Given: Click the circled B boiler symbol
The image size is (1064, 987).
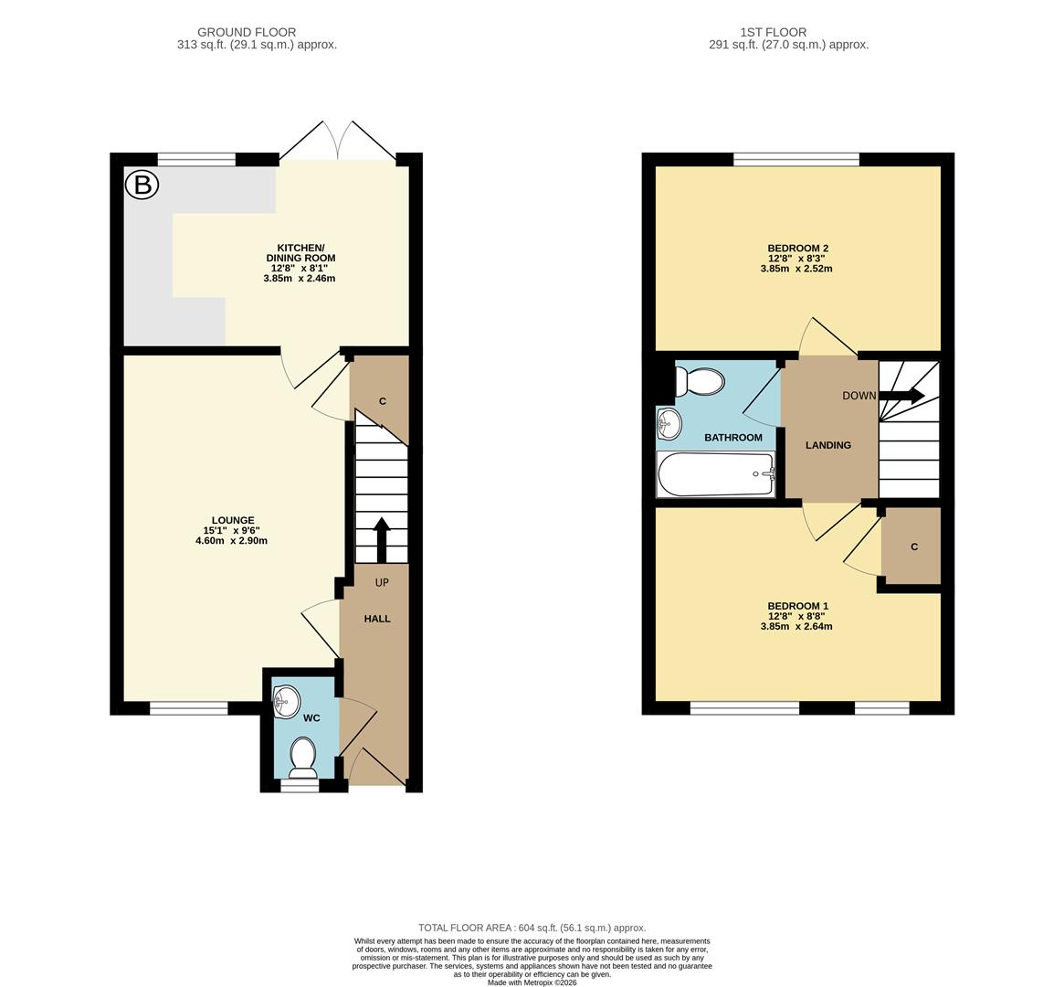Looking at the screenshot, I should click(x=142, y=186).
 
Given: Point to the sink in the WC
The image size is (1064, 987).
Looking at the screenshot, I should click(x=286, y=701).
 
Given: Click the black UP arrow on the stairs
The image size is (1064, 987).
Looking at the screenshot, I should click(x=381, y=539).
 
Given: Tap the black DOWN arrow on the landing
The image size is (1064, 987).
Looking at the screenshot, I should click(x=901, y=396).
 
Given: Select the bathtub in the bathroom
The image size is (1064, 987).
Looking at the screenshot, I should click(x=716, y=474).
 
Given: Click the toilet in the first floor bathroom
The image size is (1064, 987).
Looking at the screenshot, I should click(x=699, y=382).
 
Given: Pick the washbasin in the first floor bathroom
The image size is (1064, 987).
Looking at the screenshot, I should click(x=669, y=423).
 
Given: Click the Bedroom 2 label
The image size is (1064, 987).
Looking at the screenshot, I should click(x=797, y=258).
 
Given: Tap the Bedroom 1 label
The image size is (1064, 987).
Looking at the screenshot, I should click(x=797, y=616).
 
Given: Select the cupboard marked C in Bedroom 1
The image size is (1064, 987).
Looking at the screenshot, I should click(x=912, y=547).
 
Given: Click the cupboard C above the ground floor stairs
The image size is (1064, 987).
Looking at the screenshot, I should click(x=382, y=401).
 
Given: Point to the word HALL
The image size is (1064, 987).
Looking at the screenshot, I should click(x=377, y=619).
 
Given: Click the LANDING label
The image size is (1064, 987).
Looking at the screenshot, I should click(x=827, y=445).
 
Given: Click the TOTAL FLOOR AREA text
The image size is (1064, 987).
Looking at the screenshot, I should click(x=532, y=927).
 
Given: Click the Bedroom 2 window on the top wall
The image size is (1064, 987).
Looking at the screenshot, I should click(x=796, y=160).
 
